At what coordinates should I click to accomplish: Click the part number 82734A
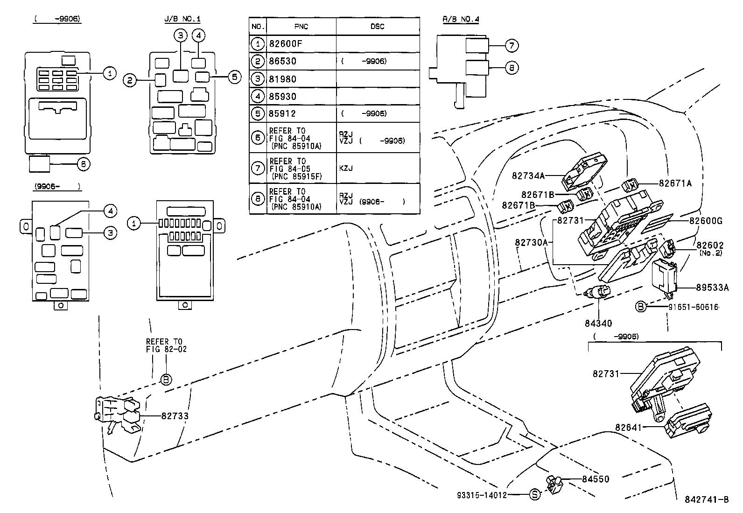528,176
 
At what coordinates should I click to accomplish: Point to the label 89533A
712,288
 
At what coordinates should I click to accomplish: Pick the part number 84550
596,479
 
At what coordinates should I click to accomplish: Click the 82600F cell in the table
286,44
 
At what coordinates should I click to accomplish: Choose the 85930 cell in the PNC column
282,96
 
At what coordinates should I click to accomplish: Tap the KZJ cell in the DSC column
346,168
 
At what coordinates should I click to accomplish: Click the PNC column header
301,26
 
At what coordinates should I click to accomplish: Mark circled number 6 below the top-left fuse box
83,164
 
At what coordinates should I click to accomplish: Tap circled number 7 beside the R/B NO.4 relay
512,45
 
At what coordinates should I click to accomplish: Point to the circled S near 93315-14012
535,494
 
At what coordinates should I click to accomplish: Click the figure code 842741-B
707,499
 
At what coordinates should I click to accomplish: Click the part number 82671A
675,183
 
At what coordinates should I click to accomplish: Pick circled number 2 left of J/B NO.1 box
130,81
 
